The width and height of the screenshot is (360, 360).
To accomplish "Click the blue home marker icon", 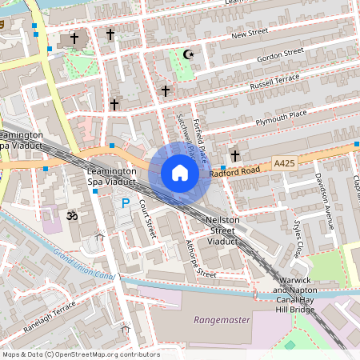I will click(180, 173).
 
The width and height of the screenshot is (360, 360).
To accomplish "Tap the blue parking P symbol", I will click(125, 204).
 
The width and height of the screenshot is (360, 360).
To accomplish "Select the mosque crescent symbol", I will click(189, 54).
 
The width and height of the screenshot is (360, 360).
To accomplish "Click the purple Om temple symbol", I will click(70, 215).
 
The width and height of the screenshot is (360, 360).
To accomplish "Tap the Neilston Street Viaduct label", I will click(220, 230).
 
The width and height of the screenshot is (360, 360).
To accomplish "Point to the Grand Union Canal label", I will click(85, 265).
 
